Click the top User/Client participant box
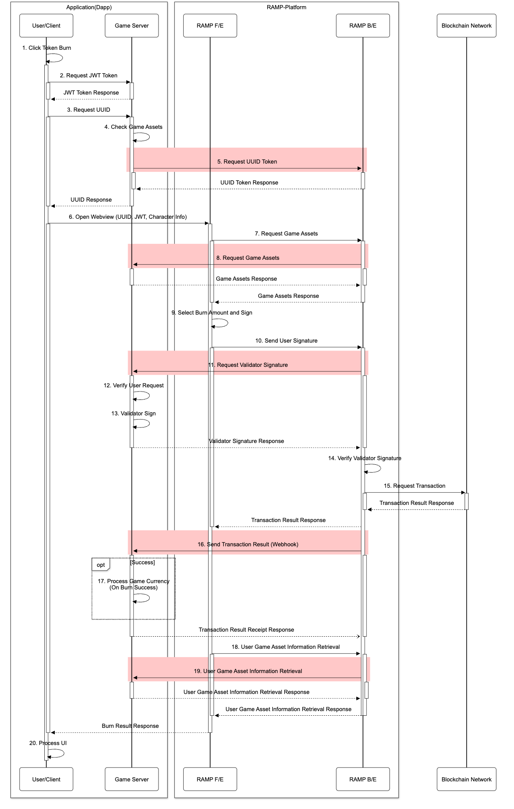(x=46, y=26)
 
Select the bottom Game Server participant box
(x=131, y=779)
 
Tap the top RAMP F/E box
(x=210, y=26)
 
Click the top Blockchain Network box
(x=466, y=26)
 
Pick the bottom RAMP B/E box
(x=363, y=779)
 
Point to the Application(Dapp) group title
(x=89, y=7)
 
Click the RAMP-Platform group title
(x=286, y=7)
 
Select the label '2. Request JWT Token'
(x=89, y=75)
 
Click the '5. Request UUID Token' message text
(x=247, y=161)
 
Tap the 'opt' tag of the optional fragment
(x=101, y=565)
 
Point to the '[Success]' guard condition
(x=143, y=562)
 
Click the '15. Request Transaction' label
(x=414, y=486)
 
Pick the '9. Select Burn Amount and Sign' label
(x=212, y=312)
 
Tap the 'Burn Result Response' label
(x=130, y=726)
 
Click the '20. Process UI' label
(x=48, y=743)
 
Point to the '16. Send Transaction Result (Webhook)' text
(x=248, y=544)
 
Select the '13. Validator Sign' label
(x=133, y=413)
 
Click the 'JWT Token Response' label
(x=91, y=92)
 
